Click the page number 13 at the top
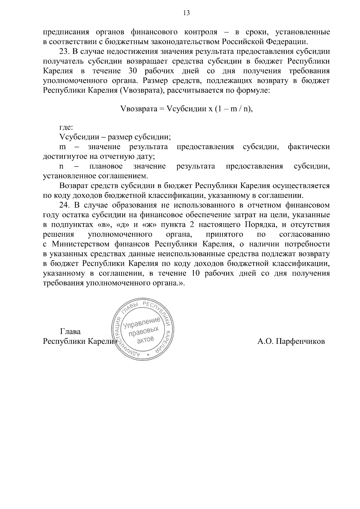point(186,13)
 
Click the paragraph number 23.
point(65,51)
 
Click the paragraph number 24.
point(65,205)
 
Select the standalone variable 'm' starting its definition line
point(63,147)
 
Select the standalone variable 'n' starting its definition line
point(62,166)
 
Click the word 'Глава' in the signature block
point(70,332)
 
